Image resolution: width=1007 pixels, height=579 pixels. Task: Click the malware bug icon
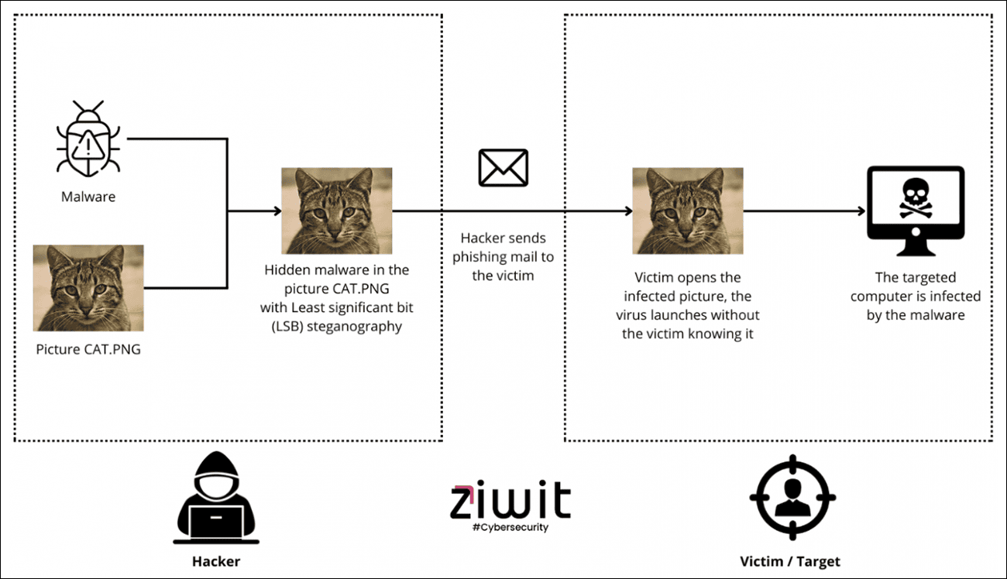[88, 139]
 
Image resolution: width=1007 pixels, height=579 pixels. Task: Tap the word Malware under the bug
[88, 197]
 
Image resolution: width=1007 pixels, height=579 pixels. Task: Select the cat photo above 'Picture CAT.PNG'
[88, 287]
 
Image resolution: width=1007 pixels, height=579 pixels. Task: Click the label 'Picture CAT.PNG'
[88, 349]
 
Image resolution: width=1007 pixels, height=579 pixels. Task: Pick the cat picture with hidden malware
[336, 211]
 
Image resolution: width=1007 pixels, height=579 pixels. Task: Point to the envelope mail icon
[503, 168]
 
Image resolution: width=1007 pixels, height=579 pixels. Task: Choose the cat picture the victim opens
[688, 211]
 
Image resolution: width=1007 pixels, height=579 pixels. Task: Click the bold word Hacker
[216, 561]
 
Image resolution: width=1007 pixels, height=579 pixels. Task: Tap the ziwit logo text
[510, 502]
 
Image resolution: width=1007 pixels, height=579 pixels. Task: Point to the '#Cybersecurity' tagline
[510, 527]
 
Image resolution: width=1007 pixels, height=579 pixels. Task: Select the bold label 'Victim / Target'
[790, 561]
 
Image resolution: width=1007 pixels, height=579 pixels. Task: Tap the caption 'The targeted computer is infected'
[915, 296]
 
